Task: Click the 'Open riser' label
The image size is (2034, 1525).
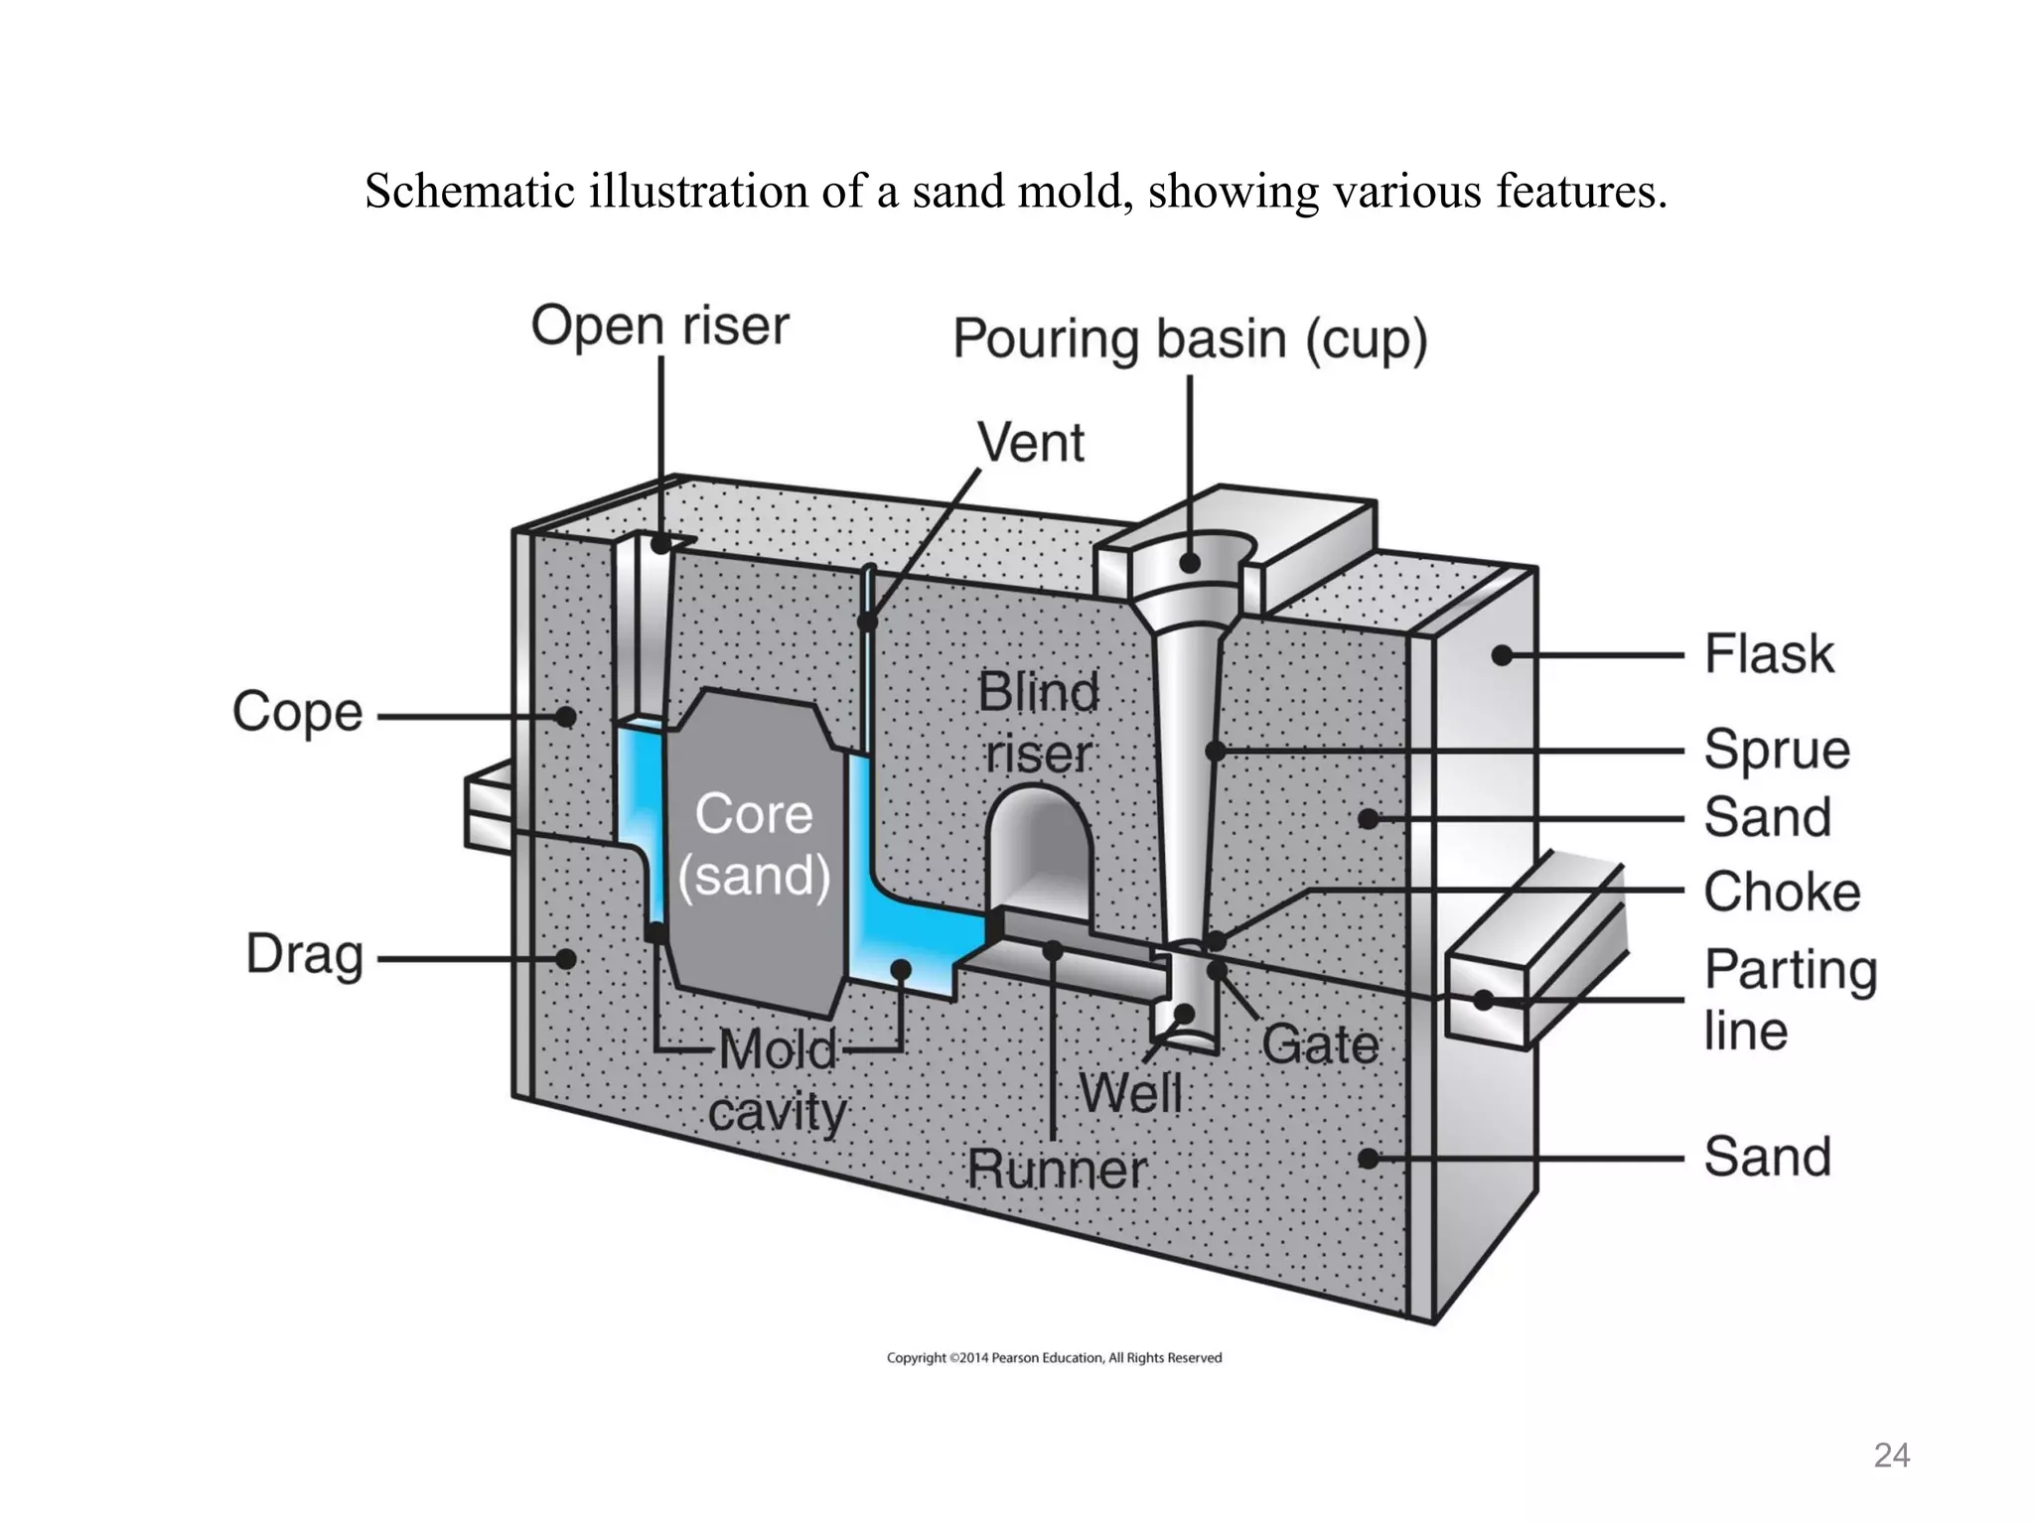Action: (x=659, y=326)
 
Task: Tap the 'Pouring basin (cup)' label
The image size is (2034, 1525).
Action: (x=1190, y=339)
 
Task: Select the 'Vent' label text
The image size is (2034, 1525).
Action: (x=1031, y=442)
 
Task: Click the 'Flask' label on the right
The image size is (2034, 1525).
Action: (x=1769, y=654)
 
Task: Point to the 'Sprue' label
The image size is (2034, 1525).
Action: (x=1777, y=750)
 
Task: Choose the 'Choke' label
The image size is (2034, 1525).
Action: (x=1782, y=892)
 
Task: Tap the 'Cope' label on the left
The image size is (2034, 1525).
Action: (x=297, y=712)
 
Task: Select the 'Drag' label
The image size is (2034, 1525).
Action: (x=305, y=955)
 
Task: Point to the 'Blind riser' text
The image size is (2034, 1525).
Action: (x=1039, y=722)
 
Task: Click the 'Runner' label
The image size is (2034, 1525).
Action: (x=1057, y=1170)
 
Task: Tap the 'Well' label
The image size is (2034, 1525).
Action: (x=1131, y=1093)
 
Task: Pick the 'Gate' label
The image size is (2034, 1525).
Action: (x=1320, y=1044)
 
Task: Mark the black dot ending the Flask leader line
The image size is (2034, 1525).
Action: (x=1502, y=655)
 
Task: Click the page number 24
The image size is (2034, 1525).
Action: (x=1891, y=1456)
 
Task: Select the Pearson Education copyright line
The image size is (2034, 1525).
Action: (x=1054, y=1357)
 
